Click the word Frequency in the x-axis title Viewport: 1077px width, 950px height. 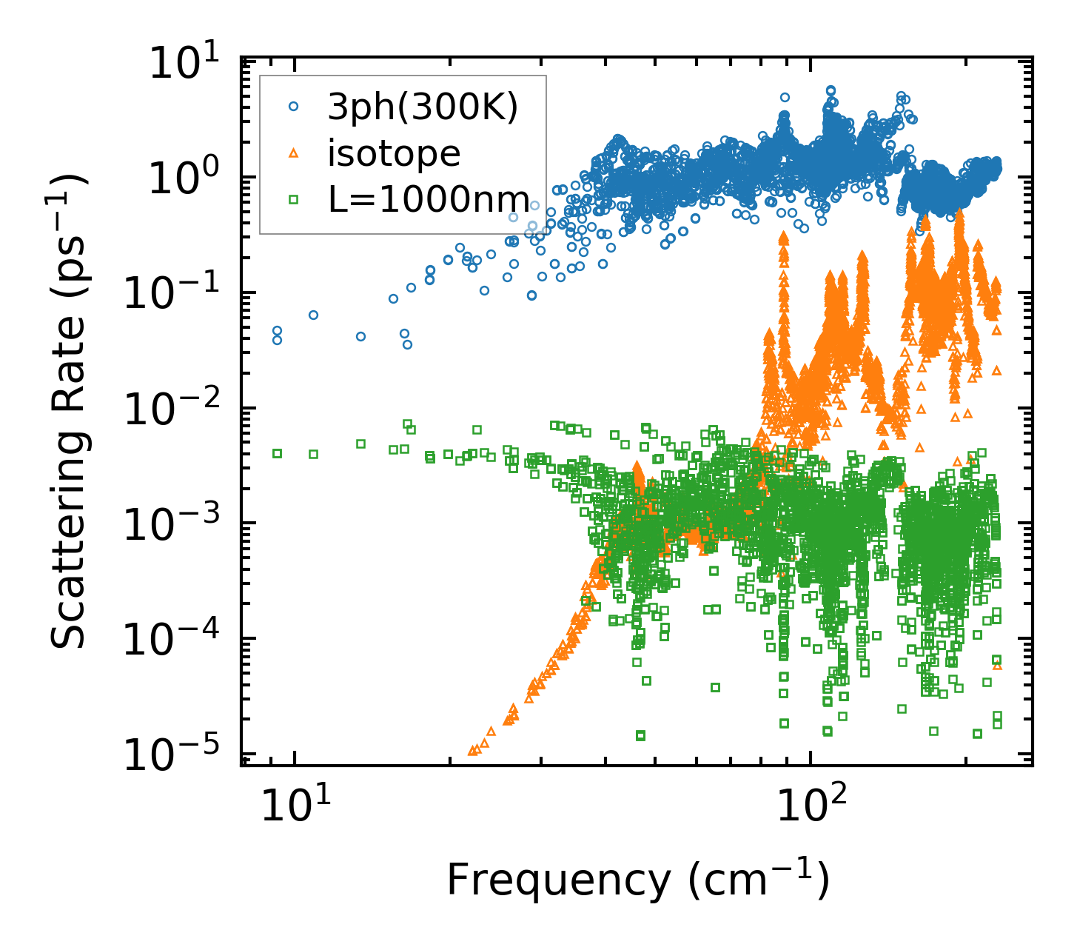click(x=558, y=881)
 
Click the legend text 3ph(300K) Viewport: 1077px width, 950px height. click(x=423, y=108)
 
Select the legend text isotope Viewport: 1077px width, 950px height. click(x=394, y=154)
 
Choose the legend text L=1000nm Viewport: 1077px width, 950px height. click(x=429, y=199)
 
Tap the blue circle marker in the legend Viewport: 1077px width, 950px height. click(x=294, y=107)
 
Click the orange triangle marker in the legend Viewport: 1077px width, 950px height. click(x=294, y=153)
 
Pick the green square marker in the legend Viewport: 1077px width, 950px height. click(x=294, y=198)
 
